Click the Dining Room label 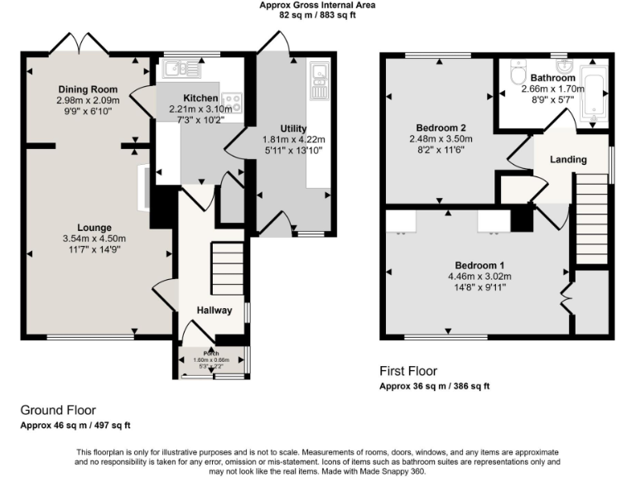click(x=87, y=89)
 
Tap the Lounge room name click(x=95, y=228)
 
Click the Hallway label click(x=214, y=309)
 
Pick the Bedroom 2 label click(x=441, y=128)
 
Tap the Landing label click(x=568, y=159)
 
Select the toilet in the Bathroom click(x=519, y=75)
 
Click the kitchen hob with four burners click(x=233, y=102)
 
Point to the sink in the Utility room click(x=320, y=79)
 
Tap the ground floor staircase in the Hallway click(x=227, y=263)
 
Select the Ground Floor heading click(x=58, y=410)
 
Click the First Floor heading click(x=407, y=371)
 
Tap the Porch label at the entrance click(x=212, y=353)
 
